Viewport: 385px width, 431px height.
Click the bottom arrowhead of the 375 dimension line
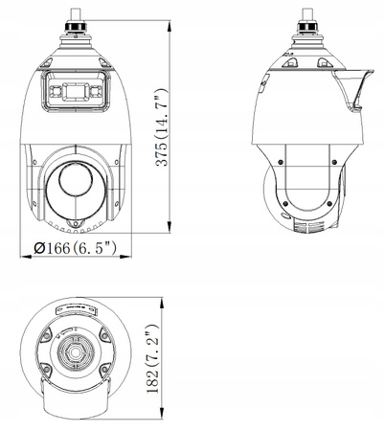[x=172, y=233]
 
